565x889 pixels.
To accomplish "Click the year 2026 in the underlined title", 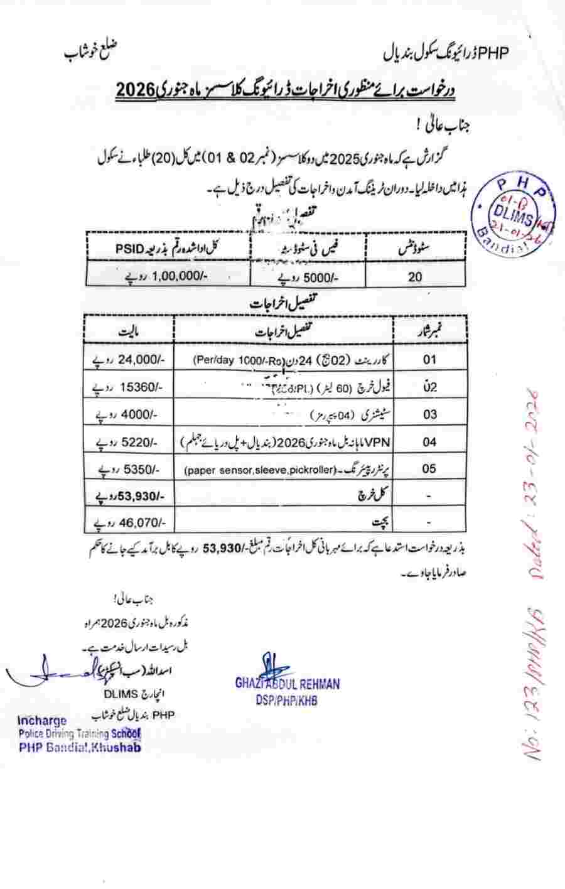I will coord(135,89).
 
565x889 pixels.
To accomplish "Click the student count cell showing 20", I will coord(416,276).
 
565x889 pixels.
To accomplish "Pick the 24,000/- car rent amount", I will coord(129,360).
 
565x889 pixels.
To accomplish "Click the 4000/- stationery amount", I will coord(131,414).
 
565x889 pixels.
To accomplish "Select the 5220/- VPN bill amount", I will coord(131,441).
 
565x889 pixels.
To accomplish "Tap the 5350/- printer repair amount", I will coord(131,468).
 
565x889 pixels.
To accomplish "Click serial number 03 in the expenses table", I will coord(429,414).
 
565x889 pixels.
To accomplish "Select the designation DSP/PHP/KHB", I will coord(286,699).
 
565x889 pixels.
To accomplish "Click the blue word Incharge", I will coord(42,720).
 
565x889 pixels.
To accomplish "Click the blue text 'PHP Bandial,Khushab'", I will coord(80,746).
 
